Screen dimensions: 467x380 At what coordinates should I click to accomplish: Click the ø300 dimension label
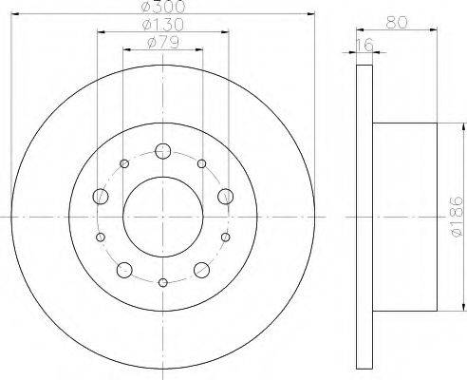pyautogui.click(x=163, y=7)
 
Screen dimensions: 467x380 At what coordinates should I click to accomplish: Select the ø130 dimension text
pyautogui.click(x=163, y=25)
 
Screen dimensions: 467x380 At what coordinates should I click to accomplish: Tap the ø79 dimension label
pyautogui.click(x=163, y=43)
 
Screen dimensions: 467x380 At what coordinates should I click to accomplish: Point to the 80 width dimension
pyautogui.click(x=397, y=23)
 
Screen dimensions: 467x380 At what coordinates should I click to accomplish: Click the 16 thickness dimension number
pyautogui.click(x=364, y=46)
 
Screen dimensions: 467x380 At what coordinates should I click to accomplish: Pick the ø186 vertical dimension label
pyautogui.click(x=456, y=217)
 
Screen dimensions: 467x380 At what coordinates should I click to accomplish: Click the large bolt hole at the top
pyautogui.click(x=163, y=151)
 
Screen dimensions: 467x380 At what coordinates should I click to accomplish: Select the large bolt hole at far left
pyautogui.click(x=101, y=197)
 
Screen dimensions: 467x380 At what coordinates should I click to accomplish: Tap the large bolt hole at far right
pyautogui.click(x=226, y=197)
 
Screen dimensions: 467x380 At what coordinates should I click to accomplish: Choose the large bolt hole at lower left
pyautogui.click(x=124, y=270)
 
